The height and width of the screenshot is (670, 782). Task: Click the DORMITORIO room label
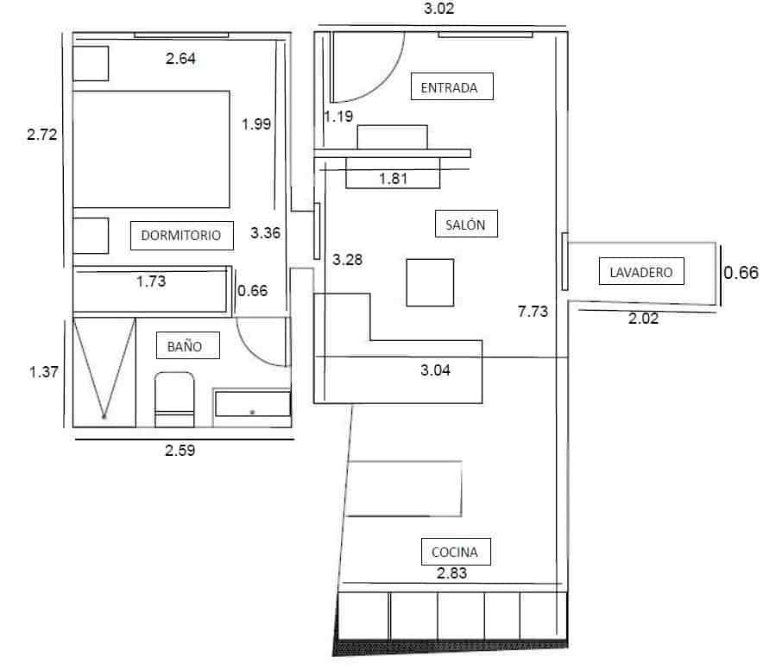click(x=181, y=234)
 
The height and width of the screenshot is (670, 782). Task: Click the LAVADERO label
click(x=640, y=272)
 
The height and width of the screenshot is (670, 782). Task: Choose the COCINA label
click(x=455, y=551)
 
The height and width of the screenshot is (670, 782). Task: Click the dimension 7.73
click(x=533, y=313)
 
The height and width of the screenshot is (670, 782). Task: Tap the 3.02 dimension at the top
click(x=439, y=10)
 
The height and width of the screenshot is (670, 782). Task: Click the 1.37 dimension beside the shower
click(x=44, y=372)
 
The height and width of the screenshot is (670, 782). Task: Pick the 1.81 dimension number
click(x=393, y=179)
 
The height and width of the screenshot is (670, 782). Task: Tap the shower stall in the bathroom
click(x=104, y=371)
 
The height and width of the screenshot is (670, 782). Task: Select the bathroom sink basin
click(x=252, y=405)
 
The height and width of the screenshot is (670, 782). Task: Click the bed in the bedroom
click(x=151, y=149)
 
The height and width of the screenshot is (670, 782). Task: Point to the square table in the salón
click(x=430, y=282)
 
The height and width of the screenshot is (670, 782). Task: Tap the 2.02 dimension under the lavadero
click(x=643, y=319)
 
